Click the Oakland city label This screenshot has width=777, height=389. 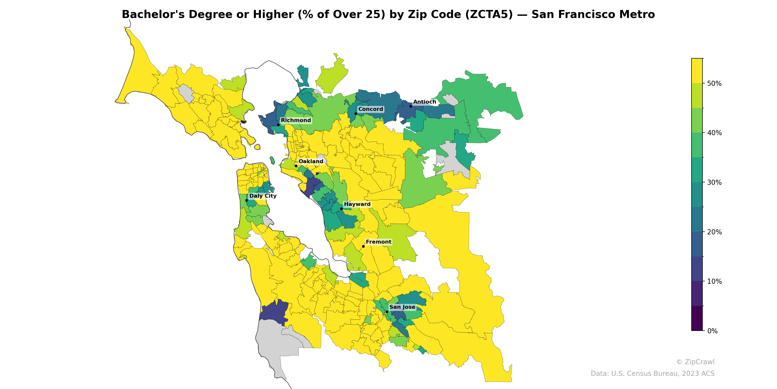click(x=311, y=161)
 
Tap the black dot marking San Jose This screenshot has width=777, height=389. click(x=387, y=312)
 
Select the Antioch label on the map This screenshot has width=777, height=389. click(x=424, y=102)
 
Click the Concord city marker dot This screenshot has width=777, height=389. click(x=356, y=114)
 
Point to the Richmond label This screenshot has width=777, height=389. click(x=296, y=120)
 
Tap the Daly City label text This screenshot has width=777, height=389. click(x=263, y=196)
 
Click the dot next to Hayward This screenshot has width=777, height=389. click(x=341, y=209)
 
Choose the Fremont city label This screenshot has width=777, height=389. click(x=378, y=242)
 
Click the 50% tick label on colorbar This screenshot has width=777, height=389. click(x=714, y=83)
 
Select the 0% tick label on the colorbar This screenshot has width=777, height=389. click(x=712, y=331)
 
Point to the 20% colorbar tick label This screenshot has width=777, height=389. click(x=714, y=232)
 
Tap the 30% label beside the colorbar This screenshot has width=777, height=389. click(x=714, y=182)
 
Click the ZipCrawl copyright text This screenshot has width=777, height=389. click(x=695, y=362)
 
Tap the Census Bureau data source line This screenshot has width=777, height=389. click(x=652, y=374)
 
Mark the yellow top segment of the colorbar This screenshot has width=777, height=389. click(x=697, y=71)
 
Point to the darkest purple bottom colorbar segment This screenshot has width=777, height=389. click(x=697, y=318)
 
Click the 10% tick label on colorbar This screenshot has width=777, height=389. click(x=714, y=282)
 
